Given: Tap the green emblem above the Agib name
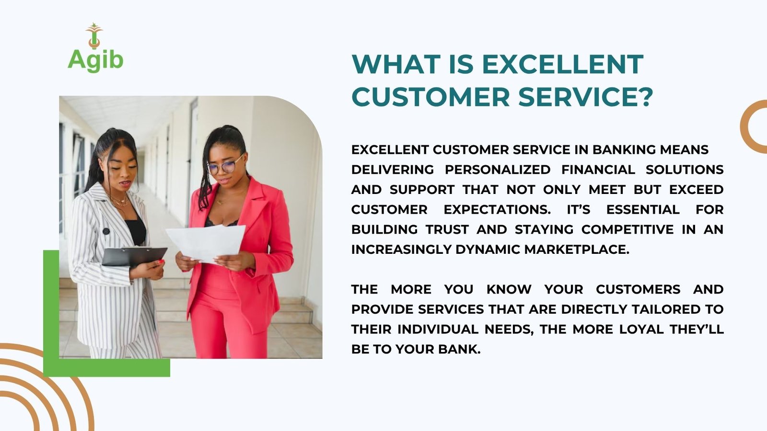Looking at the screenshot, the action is (x=94, y=35).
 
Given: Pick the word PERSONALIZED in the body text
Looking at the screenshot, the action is (x=498, y=170).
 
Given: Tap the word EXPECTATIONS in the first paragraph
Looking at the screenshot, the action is (x=497, y=209).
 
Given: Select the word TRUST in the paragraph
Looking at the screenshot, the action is (x=447, y=229).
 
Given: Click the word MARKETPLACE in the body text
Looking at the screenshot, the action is (x=577, y=250).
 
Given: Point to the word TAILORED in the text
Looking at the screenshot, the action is (x=667, y=309).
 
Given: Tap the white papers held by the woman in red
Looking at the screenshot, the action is (x=206, y=244).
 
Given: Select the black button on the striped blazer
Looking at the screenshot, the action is (x=106, y=231).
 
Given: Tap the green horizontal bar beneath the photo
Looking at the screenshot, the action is (x=106, y=368).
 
